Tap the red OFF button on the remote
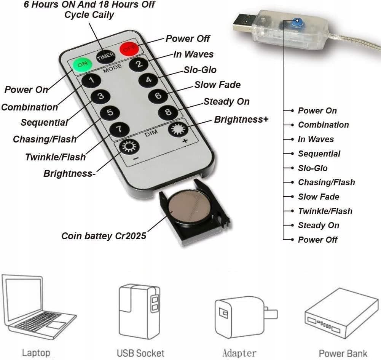click(x=129, y=49)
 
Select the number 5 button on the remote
click(x=110, y=113)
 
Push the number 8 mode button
click(x=168, y=112)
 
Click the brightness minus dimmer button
click(x=129, y=147)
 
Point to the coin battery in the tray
click(x=190, y=208)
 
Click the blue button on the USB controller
click(x=297, y=22)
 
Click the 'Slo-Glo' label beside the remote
click(x=200, y=70)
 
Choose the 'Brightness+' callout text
click(x=241, y=120)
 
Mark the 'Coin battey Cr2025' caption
click(x=104, y=236)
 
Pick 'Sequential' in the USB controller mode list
click(x=319, y=154)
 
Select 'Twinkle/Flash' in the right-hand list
click(x=325, y=211)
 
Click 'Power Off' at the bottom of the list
click(x=317, y=240)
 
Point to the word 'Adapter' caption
click(x=239, y=353)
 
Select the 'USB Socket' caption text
click(x=140, y=353)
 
